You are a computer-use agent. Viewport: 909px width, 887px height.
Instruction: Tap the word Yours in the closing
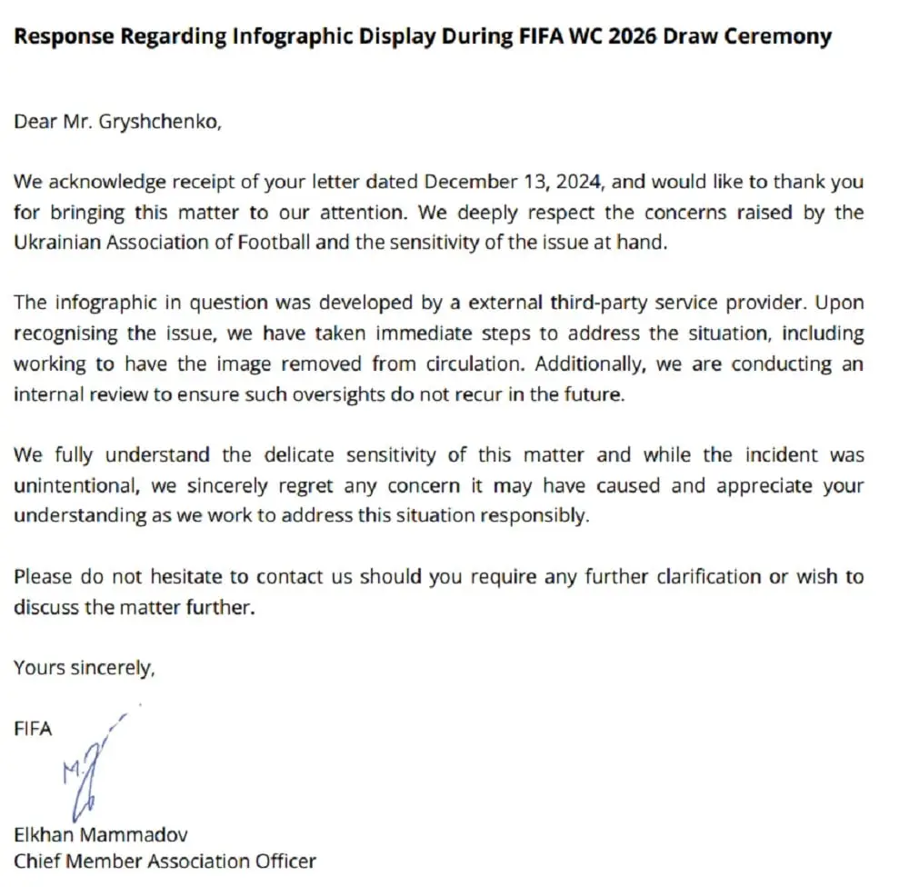coord(35,668)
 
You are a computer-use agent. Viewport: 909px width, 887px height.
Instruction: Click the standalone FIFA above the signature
coord(33,728)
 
